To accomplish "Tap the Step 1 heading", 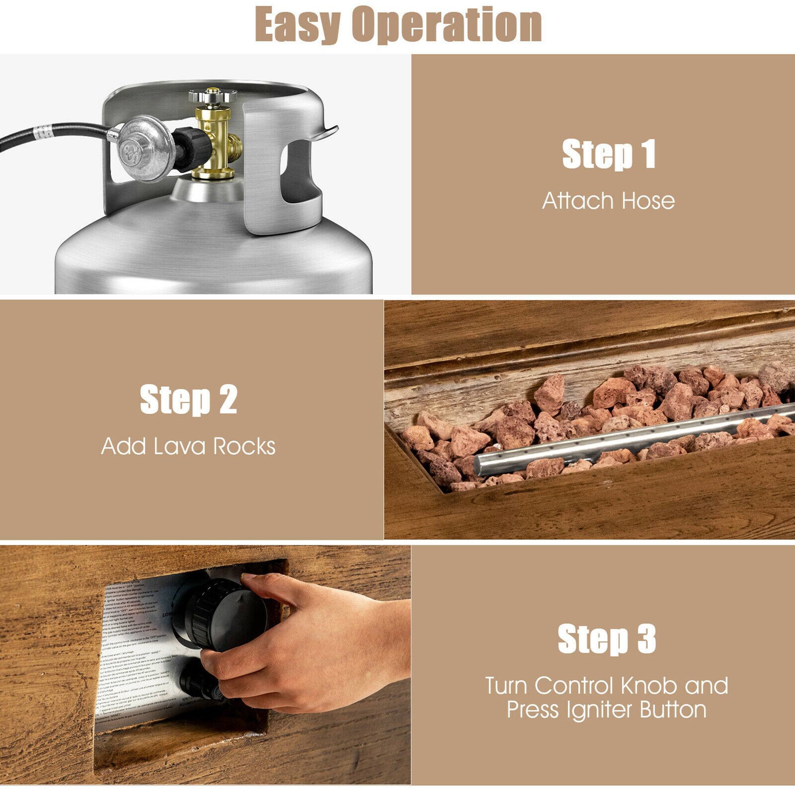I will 609,155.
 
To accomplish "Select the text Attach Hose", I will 608,201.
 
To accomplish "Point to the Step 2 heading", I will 189,400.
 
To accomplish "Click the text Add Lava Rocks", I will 188,446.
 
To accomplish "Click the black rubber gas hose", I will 54,136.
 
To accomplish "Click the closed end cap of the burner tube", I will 480,465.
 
